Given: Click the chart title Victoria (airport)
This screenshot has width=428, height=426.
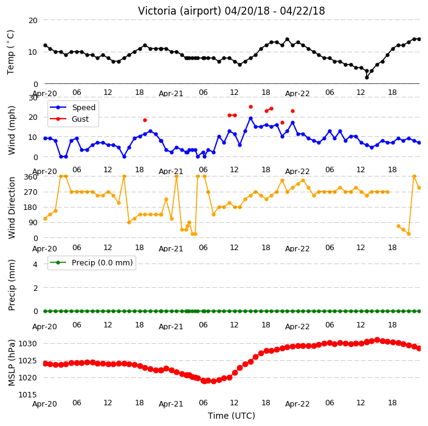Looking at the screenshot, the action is pos(179,11).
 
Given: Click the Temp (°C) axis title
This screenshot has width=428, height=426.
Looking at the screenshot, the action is pos(10,52).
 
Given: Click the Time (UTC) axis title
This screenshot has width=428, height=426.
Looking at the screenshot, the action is pos(232,416).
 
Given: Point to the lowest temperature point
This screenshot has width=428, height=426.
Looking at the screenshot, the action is pos(367,78).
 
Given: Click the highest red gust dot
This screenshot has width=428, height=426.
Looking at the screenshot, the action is pos(250,107).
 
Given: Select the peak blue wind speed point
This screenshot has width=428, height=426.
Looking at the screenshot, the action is pos(250,118).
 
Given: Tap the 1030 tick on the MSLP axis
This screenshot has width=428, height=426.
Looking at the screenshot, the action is pos(27,343).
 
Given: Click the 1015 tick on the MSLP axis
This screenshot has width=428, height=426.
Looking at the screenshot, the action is pos(27,394).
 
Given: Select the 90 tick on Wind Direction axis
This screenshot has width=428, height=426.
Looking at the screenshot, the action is pos(33,222).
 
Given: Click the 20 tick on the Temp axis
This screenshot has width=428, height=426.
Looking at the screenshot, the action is pos(33,20).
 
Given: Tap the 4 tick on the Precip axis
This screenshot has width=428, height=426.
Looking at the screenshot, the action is pos(35,264).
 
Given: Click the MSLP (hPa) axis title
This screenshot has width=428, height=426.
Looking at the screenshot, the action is pos(12,363).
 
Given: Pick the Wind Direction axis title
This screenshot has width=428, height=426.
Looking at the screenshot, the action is pos(12,208).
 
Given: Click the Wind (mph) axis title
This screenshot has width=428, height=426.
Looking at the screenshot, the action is pos(12,130).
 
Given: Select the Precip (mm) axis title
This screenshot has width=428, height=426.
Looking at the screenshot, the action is pos(12,285).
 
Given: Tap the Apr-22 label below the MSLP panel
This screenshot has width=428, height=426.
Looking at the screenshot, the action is pos(297,404).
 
